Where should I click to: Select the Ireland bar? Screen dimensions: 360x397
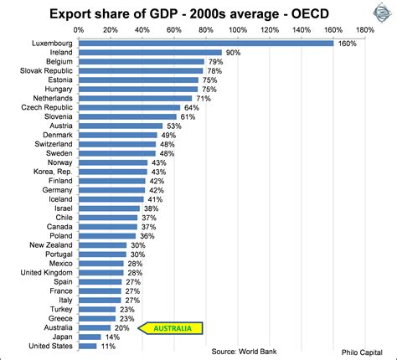[x=150, y=52]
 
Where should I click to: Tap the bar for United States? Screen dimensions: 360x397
[x=86, y=346]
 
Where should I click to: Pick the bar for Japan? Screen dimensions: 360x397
[x=89, y=336]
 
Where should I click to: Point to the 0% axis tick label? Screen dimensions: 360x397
[x=79, y=28]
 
